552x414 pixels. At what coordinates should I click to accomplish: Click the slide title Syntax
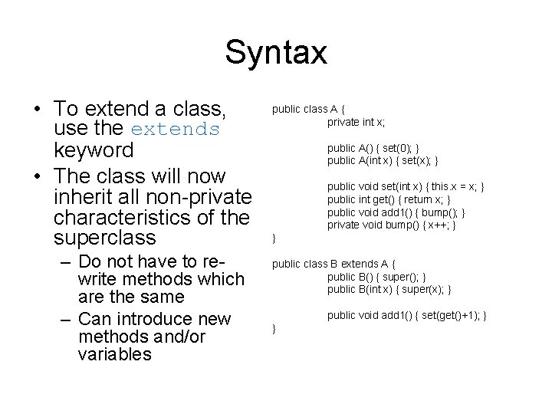276,53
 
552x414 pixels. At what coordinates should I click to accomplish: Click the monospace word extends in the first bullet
176,128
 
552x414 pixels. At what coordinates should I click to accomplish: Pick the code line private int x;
356,121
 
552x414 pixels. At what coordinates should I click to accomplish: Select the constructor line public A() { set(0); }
373,147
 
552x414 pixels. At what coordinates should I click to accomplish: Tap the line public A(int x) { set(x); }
383,160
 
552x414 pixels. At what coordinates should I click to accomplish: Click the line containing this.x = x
406,186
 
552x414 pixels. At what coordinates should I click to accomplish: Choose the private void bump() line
392,225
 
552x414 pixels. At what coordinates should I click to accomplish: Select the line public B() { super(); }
376,276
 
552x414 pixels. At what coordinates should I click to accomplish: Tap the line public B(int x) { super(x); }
389,289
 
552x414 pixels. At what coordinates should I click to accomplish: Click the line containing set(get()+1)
407,315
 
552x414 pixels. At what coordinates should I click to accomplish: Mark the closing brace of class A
274,239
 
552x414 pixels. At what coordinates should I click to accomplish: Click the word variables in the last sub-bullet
114,355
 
